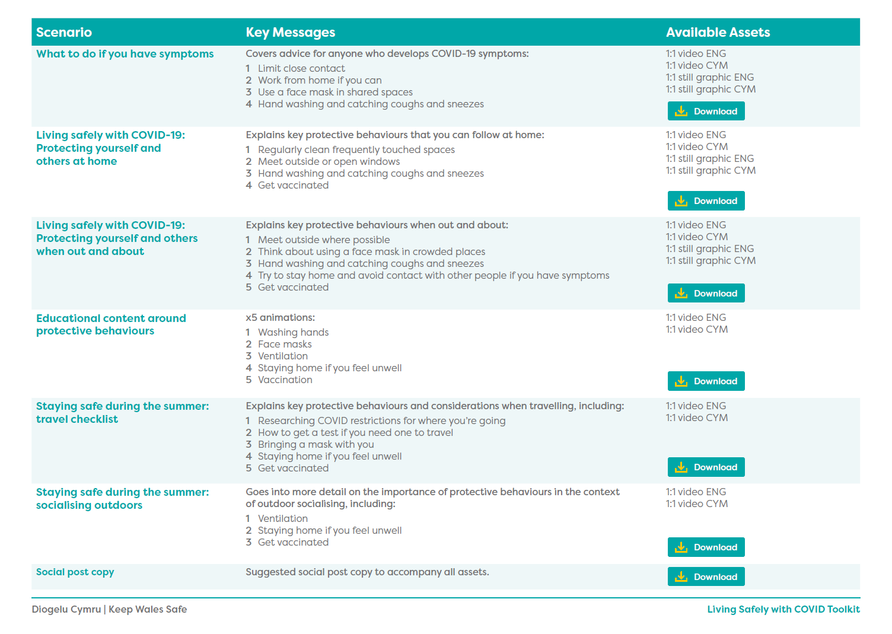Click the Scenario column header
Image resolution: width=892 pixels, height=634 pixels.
point(64,33)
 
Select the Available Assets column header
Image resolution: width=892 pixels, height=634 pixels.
point(718,33)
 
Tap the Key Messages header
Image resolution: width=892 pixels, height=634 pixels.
point(290,33)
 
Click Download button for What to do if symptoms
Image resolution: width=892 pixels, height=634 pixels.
point(706,111)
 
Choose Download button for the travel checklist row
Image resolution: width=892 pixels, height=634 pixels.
point(706,467)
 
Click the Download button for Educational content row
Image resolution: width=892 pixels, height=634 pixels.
point(706,381)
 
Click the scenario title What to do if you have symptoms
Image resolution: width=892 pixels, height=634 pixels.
point(125,54)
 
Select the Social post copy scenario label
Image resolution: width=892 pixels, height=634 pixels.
point(75,572)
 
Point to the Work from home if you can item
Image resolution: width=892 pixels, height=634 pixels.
point(319,81)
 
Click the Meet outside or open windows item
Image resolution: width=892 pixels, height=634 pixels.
point(329,162)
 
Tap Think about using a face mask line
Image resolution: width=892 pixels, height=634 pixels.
point(371,252)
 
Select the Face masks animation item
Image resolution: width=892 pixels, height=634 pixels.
point(285,345)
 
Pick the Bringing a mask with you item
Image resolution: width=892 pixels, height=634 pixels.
point(316,445)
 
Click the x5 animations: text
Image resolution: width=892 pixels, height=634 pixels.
point(280,318)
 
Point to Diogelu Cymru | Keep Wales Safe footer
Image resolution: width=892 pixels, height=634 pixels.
point(109,610)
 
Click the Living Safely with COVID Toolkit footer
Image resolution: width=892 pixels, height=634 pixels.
point(783,610)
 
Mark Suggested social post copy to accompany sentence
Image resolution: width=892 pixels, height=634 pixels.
point(367,572)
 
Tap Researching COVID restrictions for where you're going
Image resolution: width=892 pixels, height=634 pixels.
point(381,421)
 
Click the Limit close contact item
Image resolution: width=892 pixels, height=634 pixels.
point(301,69)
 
